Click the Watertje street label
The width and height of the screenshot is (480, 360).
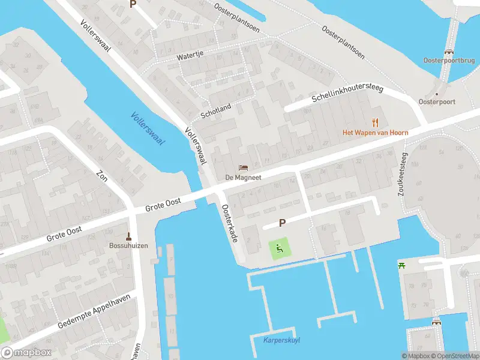[x=190, y=56]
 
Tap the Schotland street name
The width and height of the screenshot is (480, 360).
[x=215, y=110]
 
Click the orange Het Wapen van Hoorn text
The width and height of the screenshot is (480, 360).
[x=375, y=133]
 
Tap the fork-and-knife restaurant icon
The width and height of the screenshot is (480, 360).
[x=376, y=122]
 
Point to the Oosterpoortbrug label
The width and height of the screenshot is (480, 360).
[x=448, y=61]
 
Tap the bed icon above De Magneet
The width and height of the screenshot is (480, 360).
[x=243, y=167]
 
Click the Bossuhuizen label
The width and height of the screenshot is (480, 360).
[x=128, y=246]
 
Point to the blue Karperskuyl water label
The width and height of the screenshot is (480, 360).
[x=282, y=340]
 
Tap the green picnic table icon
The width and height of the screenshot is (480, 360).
[x=401, y=265]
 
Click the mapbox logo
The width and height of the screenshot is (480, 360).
[x=25, y=353]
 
